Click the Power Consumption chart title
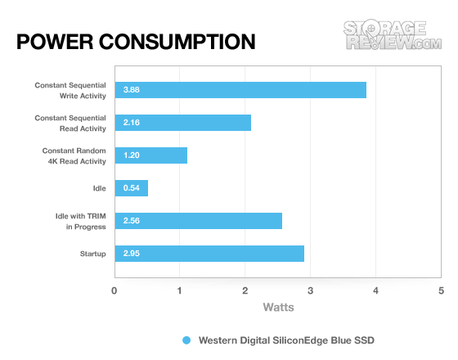[136, 42]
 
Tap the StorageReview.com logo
[393, 34]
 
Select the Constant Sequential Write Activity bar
[240, 90]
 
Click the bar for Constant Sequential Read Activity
[183, 123]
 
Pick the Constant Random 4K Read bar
[151, 155]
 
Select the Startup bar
[209, 254]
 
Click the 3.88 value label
[132, 90]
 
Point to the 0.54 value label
[132, 188]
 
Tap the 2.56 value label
[132, 221]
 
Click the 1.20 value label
[132, 155]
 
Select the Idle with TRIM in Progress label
[81, 222]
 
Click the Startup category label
[93, 254]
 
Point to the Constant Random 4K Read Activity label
[74, 156]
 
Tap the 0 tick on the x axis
[114, 290]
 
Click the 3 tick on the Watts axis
[310, 290]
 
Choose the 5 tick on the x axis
[441, 290]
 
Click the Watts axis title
[278, 308]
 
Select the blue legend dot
[186, 340]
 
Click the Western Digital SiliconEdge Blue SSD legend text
[286, 340]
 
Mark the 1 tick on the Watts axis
[179, 290]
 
